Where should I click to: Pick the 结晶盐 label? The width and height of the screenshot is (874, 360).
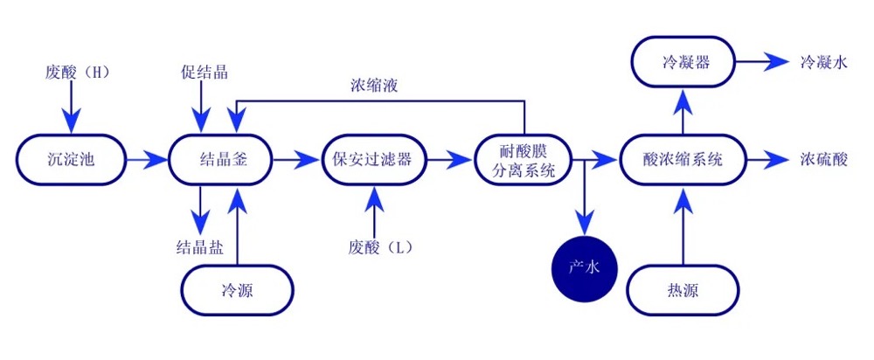click(199, 247)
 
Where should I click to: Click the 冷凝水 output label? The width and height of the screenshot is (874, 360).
click(823, 63)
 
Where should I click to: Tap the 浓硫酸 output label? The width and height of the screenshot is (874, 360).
click(823, 160)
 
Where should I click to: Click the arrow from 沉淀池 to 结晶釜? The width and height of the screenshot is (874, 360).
click(146, 160)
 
